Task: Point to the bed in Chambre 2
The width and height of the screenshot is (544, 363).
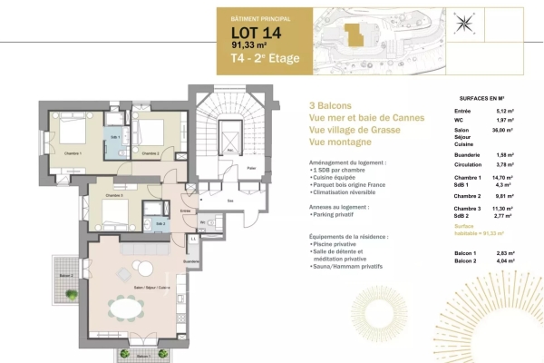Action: coord(152,134)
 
